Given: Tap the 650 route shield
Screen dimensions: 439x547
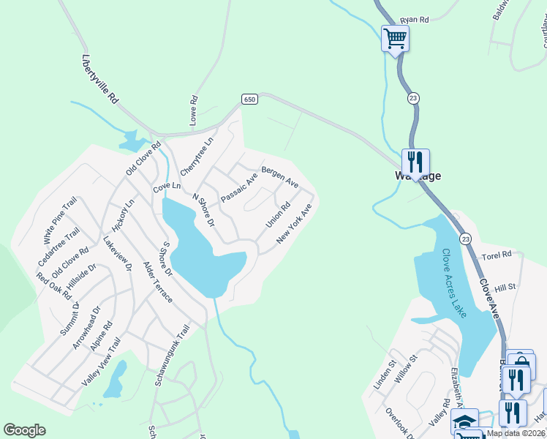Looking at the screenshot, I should (x=250, y=100).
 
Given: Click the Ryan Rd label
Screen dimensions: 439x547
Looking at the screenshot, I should (x=415, y=20).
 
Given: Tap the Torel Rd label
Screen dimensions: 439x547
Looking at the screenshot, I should (x=498, y=256).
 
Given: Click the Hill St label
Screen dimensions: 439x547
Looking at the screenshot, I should (x=505, y=288).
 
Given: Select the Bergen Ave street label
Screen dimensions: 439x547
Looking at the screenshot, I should (x=280, y=175).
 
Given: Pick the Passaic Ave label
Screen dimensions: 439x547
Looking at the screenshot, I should (x=239, y=187).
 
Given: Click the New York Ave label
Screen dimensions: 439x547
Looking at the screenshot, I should (x=294, y=224).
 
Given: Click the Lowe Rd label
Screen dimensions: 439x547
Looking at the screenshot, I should (x=194, y=110).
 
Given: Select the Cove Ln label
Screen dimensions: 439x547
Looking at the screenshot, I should (x=166, y=188).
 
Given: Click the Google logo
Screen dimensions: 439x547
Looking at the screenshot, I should (x=24, y=430).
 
